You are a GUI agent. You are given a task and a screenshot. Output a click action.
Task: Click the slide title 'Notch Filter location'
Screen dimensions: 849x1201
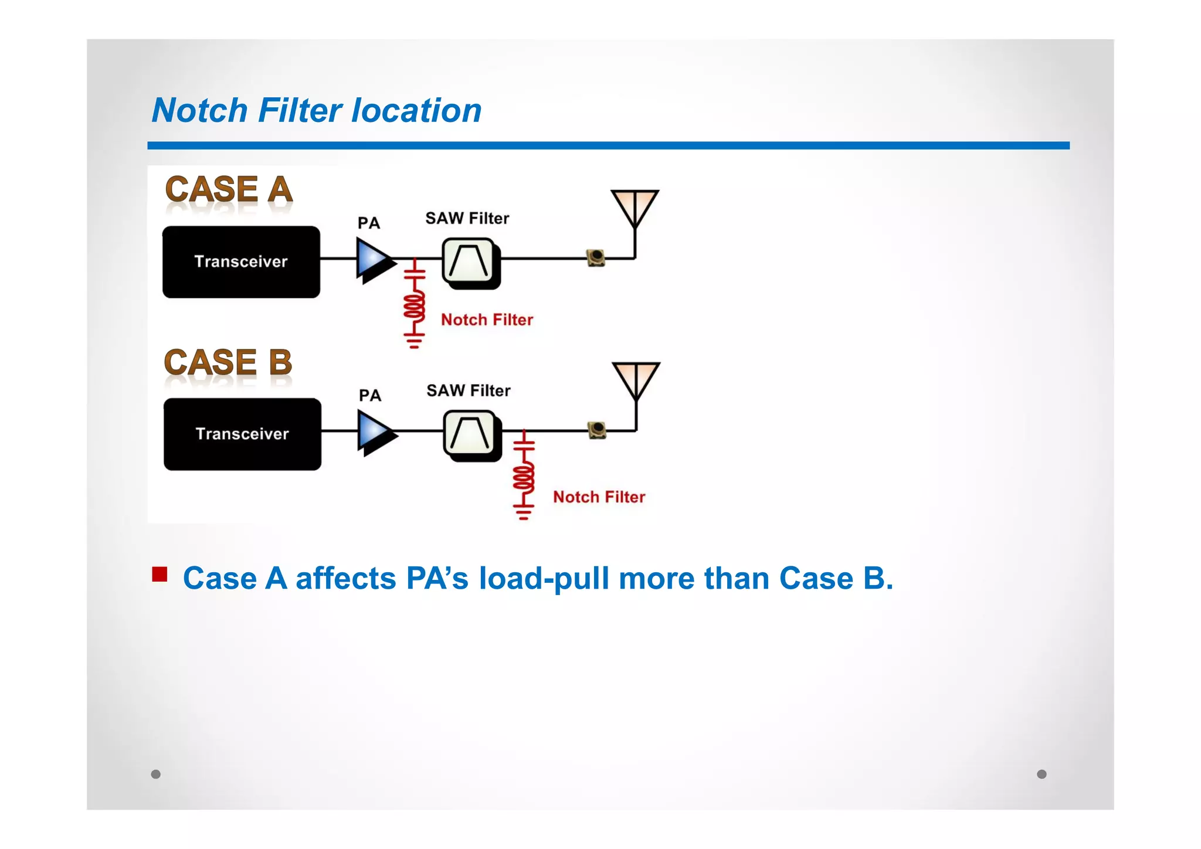tap(317, 110)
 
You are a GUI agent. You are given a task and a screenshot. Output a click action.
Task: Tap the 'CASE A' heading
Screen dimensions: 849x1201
tap(229, 189)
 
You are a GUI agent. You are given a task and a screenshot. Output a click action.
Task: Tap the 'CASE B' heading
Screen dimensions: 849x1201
tap(228, 362)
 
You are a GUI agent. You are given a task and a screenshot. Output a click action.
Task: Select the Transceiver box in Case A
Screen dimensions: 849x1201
tap(241, 262)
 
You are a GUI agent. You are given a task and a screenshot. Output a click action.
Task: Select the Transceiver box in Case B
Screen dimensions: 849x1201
tap(242, 434)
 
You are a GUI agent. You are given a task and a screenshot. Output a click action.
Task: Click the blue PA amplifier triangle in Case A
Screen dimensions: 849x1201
tap(373, 259)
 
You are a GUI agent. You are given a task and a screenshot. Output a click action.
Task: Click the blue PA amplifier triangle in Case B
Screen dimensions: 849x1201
tap(374, 432)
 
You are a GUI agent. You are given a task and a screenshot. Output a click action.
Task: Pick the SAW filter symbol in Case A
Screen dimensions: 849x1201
tap(469, 262)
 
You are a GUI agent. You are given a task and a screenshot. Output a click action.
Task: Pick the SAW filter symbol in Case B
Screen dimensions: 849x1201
tap(471, 434)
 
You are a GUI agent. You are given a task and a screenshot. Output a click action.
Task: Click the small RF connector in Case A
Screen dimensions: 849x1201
tap(596, 257)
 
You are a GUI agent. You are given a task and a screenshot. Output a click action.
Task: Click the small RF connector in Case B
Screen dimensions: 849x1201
tap(597, 430)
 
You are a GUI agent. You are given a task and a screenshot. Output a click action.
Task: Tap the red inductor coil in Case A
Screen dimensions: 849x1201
tap(414, 306)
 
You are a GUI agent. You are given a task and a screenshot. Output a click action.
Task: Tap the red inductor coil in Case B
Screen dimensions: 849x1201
tap(524, 478)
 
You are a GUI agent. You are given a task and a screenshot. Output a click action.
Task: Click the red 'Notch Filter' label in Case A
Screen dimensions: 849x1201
tap(487, 320)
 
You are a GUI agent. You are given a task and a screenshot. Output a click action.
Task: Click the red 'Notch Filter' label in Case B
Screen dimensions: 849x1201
tap(599, 497)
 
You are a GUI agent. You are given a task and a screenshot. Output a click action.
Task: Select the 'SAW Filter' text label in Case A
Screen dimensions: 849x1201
tap(467, 218)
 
